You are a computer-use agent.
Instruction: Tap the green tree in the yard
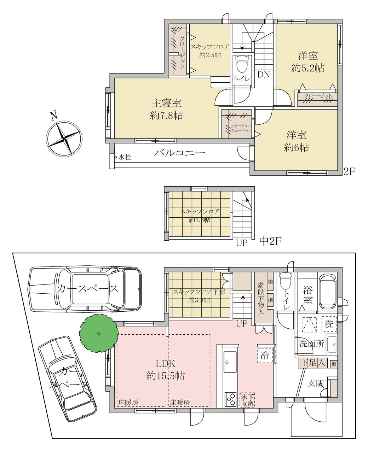coord(99,333)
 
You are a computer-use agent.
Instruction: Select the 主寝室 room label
coord(166,103)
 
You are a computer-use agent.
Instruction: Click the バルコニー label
coord(179,153)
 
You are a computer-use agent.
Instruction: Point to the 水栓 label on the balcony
coord(125,157)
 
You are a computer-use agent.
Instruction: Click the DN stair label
coord(264,75)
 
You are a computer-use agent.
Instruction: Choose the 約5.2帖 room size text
coord(307,68)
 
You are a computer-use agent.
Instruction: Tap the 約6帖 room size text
coord(296,147)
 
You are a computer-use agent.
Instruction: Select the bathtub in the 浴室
coord(328,291)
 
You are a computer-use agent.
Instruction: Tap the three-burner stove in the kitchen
coord(230,400)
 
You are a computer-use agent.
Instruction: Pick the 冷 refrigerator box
coord(265,356)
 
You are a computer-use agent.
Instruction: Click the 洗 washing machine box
coord(329,324)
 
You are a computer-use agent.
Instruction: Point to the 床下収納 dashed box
coord(247,400)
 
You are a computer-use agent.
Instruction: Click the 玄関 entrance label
coord(316,383)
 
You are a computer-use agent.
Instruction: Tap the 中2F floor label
coord(270,241)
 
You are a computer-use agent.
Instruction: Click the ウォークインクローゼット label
coord(241,128)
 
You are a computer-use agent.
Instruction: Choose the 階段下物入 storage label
coord(261,298)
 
